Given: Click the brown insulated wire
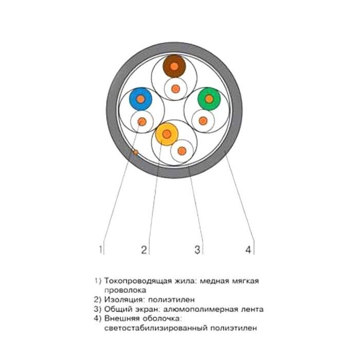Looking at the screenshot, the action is click(174, 66).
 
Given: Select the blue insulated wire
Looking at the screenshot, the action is click(141, 99).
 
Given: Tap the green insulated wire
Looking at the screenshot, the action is click(209, 99).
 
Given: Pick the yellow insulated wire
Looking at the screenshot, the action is click(167, 134).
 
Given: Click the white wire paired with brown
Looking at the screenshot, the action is click(176, 88).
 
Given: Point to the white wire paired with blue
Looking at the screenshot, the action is click(142, 121).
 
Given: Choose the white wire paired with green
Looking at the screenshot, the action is click(203, 120).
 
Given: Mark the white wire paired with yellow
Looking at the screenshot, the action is click(182, 151).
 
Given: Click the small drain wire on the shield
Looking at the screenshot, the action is click(136, 152).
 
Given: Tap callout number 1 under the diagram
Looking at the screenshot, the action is click(101, 249).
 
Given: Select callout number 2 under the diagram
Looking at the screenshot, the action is click(144, 249).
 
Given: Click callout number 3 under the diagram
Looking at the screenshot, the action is click(197, 249).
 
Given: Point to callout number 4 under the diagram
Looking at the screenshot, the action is click(248, 249).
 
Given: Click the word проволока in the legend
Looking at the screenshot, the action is click(125, 290).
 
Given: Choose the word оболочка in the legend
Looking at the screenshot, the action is click(161, 318).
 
